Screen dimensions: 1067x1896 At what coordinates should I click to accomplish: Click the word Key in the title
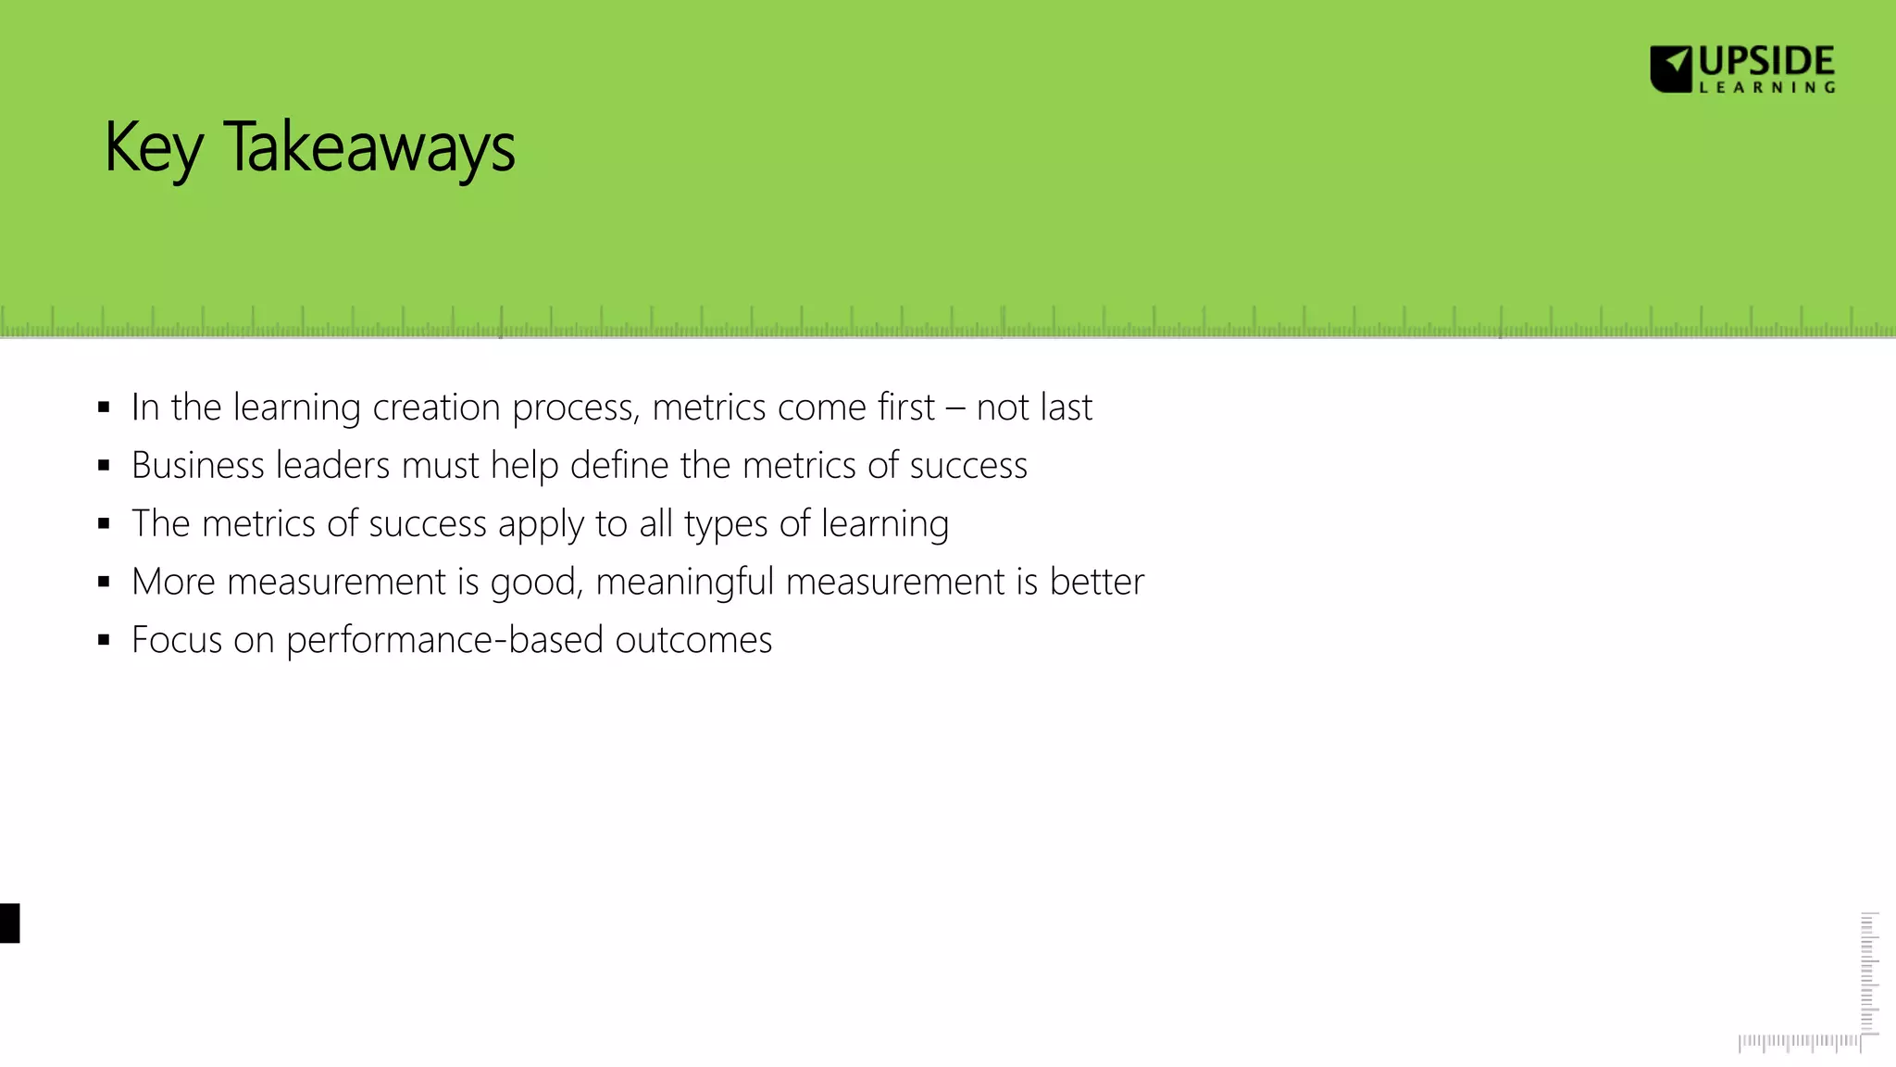(153, 148)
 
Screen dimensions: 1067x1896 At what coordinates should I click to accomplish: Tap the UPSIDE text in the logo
(1766, 62)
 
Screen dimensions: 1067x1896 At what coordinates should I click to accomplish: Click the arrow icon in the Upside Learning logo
(1672, 69)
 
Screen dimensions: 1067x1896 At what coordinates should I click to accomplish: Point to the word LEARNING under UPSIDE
(1766, 88)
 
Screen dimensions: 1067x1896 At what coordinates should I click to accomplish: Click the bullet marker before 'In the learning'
(104, 408)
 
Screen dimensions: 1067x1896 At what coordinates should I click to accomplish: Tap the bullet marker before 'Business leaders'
(104, 466)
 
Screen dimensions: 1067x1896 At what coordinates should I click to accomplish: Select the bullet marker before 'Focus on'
(104, 640)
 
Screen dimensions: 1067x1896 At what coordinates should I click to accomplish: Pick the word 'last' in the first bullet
(1066, 408)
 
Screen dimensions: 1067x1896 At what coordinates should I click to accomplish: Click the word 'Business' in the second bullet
(198, 466)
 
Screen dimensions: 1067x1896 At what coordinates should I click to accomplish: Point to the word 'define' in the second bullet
(619, 466)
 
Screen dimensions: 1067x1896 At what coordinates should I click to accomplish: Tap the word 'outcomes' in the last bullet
(693, 640)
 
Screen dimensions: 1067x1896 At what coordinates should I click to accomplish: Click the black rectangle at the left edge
(9, 923)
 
